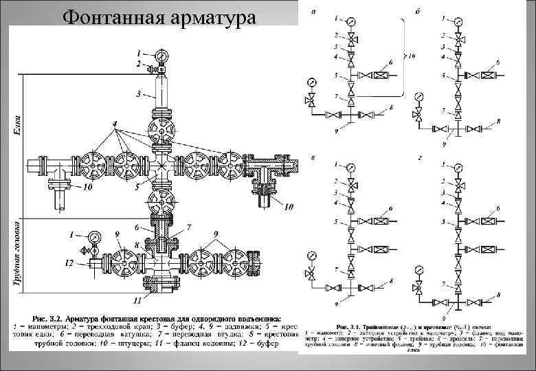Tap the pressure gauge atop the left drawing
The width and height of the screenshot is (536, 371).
[161, 55]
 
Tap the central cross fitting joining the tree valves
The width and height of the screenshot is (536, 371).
[161, 167]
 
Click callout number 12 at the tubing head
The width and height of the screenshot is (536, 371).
[68, 263]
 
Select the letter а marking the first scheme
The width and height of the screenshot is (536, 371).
[314, 10]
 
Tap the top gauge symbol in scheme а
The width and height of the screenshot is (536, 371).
[352, 21]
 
